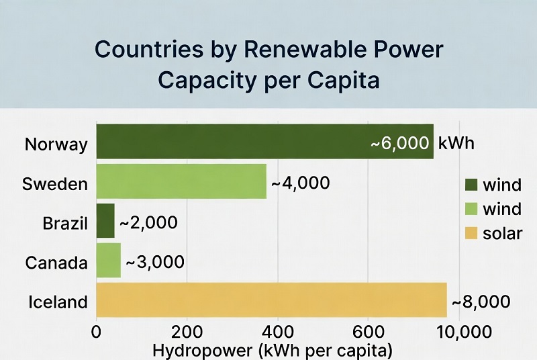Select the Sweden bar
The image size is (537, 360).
pos(181,181)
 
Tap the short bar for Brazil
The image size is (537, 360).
pos(105,221)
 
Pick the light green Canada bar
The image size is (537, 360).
pos(109,261)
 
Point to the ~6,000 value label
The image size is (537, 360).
pos(400,143)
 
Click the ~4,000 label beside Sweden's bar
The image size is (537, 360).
pos(300,182)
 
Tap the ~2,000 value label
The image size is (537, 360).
pos(148,222)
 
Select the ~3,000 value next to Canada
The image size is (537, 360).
pos(154,262)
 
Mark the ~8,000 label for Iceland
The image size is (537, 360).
pos(481,302)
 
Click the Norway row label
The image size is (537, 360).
pos(56,144)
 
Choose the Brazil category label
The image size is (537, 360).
pos(65,223)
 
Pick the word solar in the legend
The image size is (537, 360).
pos(502,233)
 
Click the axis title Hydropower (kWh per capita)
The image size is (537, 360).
pos(273,350)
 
